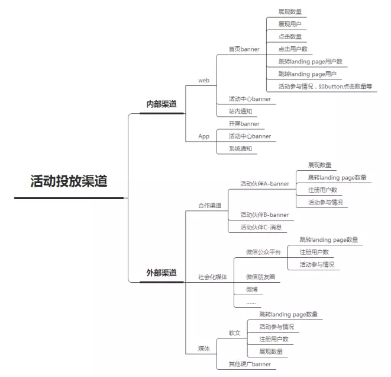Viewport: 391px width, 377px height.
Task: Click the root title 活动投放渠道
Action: point(69,181)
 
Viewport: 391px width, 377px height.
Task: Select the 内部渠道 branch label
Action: point(161,104)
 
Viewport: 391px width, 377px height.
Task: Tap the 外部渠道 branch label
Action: point(161,273)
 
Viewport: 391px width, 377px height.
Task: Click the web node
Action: point(203,81)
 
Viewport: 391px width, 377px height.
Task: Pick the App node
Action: point(203,136)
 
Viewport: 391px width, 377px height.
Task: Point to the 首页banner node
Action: point(244,49)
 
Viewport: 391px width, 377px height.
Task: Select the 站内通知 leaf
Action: point(240,111)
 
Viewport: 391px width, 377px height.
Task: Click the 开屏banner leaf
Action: point(244,124)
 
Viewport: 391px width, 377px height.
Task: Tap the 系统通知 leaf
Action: point(240,149)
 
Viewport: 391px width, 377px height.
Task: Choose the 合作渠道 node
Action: point(210,205)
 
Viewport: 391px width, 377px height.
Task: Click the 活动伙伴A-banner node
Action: point(264,184)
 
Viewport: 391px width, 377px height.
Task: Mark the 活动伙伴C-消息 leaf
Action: point(261,227)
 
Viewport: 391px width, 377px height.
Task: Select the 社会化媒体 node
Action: point(213,277)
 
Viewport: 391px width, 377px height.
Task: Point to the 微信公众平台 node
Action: point(263,252)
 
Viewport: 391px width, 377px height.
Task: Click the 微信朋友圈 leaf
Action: point(261,277)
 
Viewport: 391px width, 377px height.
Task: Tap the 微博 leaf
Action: point(252,289)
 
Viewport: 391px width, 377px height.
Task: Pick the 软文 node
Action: point(235,333)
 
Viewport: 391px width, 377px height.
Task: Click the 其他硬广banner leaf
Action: point(250,364)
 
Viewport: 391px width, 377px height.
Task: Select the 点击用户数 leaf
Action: point(293,49)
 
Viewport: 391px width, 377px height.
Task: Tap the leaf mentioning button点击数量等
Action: point(325,87)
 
